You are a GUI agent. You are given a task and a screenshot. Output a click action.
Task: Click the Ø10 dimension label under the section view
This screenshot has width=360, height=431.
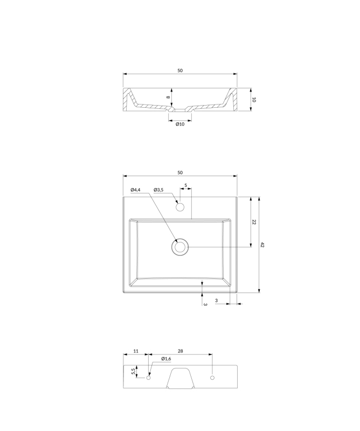[x=180, y=124]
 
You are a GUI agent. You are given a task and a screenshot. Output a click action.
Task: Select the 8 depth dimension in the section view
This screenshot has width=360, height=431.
[x=168, y=98]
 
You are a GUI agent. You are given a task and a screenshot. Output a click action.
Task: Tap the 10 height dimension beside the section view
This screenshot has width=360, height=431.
[x=254, y=100]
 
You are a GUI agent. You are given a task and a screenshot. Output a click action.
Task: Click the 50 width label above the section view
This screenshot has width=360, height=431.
[x=180, y=71]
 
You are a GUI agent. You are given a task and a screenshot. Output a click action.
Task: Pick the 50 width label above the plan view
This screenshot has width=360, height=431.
[x=180, y=172]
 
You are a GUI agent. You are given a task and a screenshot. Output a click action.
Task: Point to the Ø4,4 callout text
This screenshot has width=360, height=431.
[x=136, y=190]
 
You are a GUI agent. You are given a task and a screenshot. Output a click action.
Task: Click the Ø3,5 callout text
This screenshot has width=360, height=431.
[x=158, y=190]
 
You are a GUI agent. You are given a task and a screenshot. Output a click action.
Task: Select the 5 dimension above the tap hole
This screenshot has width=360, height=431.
[x=185, y=185]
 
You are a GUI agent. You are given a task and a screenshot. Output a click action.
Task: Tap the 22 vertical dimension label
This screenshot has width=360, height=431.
[x=254, y=222]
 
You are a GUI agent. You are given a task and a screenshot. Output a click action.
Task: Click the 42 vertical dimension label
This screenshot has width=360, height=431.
[x=262, y=245]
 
